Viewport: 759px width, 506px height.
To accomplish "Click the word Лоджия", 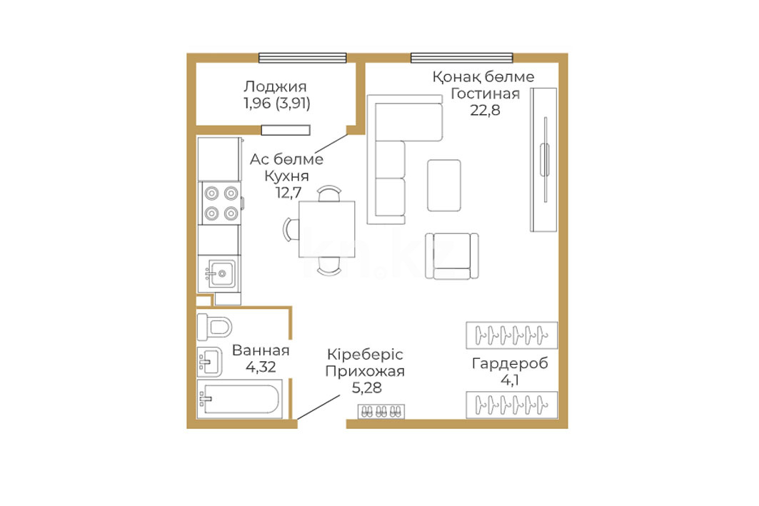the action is pyautogui.click(x=276, y=86).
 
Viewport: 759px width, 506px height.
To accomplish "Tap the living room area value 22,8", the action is pyautogui.click(x=485, y=111).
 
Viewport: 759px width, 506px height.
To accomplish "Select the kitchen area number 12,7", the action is pyautogui.click(x=288, y=193).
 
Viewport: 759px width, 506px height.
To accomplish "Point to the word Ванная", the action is pyautogui.click(x=261, y=350).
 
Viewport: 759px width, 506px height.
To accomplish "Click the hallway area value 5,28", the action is pyautogui.click(x=367, y=388).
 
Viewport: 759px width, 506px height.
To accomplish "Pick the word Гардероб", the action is pyautogui.click(x=510, y=363).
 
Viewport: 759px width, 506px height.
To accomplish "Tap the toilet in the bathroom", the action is pyautogui.click(x=214, y=327).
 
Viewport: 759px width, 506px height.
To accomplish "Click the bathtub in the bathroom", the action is pyautogui.click(x=240, y=399).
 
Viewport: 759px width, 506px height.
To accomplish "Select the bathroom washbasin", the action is pyautogui.click(x=210, y=362).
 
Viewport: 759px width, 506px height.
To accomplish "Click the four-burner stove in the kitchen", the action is pyautogui.click(x=221, y=203).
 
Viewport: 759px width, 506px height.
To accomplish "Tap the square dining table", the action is pyautogui.click(x=327, y=229).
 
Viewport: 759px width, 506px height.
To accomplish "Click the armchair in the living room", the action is pyautogui.click(x=452, y=256).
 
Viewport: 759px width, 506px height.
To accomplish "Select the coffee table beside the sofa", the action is pyautogui.click(x=444, y=186).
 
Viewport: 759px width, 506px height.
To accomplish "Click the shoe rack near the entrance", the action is pyautogui.click(x=381, y=412).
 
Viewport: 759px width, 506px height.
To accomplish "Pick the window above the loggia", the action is pyautogui.click(x=303, y=58).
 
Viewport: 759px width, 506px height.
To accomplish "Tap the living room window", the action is pyautogui.click(x=462, y=58).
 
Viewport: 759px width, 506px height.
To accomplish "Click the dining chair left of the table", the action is pyautogui.click(x=289, y=229).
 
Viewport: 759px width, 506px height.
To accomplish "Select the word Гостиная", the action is pyautogui.click(x=485, y=93).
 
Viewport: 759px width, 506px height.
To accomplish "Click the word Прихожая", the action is pyautogui.click(x=365, y=372).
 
